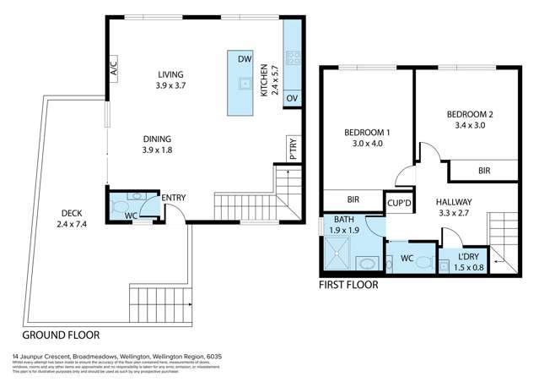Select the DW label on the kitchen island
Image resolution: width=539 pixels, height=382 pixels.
click(x=245, y=58)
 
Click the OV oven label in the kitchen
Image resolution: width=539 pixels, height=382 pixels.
click(x=293, y=98)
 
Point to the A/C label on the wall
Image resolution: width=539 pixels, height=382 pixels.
click(x=114, y=68)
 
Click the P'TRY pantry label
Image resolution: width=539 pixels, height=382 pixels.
click(x=293, y=149)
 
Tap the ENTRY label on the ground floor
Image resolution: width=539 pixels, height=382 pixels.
click(x=173, y=198)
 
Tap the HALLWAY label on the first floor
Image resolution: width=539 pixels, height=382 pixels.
click(x=453, y=202)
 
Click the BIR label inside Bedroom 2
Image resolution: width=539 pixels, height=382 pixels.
click(x=483, y=170)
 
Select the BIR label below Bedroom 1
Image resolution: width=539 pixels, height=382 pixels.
click(x=354, y=200)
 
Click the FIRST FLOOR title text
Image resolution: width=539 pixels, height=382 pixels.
click(x=348, y=285)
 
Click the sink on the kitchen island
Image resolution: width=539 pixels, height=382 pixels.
click(x=245, y=83)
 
